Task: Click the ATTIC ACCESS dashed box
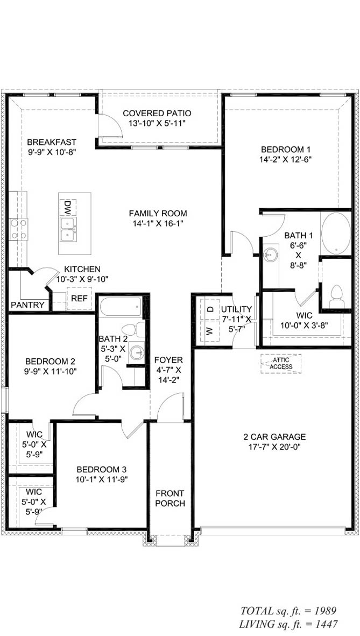(x=281, y=363)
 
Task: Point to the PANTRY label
(x=27, y=305)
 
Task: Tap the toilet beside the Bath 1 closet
(x=336, y=296)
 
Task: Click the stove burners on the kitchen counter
(x=18, y=228)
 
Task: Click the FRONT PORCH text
(x=170, y=498)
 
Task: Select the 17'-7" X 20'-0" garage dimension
(x=274, y=447)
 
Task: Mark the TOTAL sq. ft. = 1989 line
(x=288, y=611)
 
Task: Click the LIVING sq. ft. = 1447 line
(x=288, y=624)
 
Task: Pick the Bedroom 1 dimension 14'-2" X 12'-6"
(x=286, y=159)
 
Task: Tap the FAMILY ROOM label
(x=158, y=213)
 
